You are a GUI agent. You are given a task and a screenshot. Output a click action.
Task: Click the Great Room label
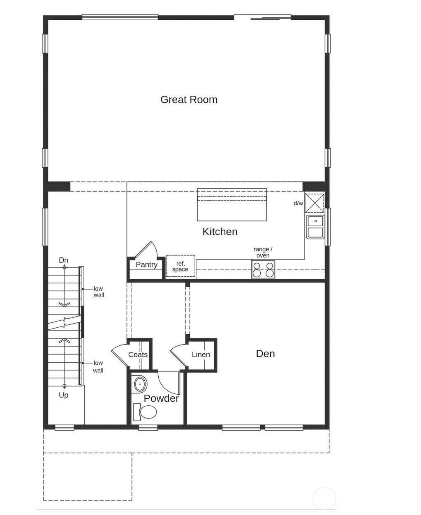[189, 100]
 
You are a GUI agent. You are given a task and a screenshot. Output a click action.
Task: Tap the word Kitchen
[220, 232]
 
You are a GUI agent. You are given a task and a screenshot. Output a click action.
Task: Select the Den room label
[265, 354]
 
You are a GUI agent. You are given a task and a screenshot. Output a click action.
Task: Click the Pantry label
[146, 264]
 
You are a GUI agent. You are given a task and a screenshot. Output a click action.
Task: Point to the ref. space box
[180, 266]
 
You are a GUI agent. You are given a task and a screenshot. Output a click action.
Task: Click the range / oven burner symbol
[263, 269]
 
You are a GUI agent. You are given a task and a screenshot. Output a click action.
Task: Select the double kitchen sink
[316, 227]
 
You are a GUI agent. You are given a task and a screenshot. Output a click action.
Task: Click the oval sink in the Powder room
[141, 385]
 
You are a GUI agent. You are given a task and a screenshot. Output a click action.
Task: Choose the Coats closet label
[138, 354]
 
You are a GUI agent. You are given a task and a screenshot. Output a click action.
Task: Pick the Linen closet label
[201, 354]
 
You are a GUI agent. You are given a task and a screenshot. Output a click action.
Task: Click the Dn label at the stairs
[63, 260]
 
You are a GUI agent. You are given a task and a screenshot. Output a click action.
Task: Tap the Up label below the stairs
[63, 395]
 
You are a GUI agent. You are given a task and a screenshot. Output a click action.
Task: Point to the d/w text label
[298, 203]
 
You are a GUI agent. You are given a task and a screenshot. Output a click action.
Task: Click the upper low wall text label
[98, 292]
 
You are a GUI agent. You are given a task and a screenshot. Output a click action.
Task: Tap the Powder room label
[161, 398]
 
